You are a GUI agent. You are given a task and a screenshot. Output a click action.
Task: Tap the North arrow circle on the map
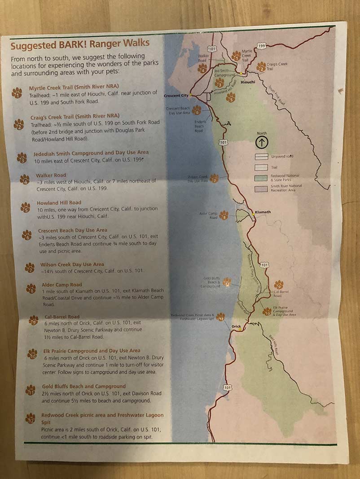coord(262,142)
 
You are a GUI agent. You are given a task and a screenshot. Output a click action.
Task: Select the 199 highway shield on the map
coord(262,45)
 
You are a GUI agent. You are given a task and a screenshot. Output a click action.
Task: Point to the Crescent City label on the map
coord(176,96)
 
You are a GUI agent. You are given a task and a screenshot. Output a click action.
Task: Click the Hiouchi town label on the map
coord(248,82)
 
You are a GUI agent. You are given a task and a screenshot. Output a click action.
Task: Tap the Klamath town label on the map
coord(263,212)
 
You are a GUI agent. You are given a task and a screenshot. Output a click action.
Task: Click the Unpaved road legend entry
coord(282,157)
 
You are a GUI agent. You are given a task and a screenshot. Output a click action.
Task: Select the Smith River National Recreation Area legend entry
coord(286,188)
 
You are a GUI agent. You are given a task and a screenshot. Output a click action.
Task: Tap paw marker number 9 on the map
coord(278,285)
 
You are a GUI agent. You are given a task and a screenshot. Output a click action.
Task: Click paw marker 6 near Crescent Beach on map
coord(196,110)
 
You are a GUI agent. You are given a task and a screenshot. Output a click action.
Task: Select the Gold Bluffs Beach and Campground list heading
coord(83,386)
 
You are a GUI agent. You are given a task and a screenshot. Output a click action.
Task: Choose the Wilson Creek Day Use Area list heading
coord(72,264)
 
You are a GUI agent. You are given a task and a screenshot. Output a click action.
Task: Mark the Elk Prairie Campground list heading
coord(91,351)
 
